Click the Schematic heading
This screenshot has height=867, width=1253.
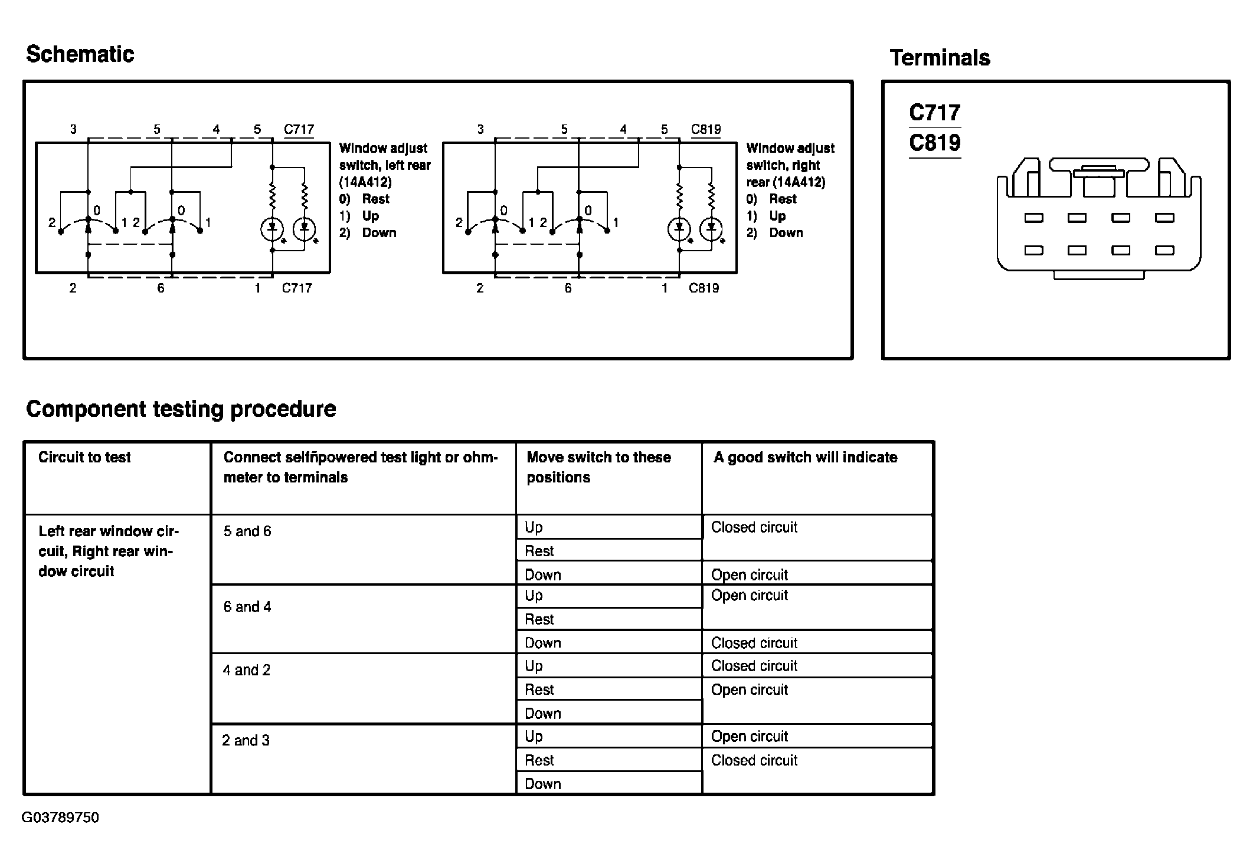[80, 54]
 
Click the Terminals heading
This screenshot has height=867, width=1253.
[940, 58]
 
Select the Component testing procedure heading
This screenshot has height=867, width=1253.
[181, 409]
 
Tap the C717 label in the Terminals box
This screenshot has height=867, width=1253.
[934, 112]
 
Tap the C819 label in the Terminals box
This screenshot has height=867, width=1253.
[934, 143]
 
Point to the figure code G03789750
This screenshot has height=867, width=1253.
[60, 817]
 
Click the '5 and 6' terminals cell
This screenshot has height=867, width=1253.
[247, 531]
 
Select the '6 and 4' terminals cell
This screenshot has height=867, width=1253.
[247, 607]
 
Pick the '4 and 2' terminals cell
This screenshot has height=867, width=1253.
[247, 670]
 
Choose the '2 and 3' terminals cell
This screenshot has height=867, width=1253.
[246, 740]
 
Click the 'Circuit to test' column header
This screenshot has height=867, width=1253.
[84, 457]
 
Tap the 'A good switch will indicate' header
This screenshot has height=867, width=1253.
[805, 457]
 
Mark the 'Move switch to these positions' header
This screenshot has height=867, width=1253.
[598, 467]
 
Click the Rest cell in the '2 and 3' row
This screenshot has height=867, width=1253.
[539, 760]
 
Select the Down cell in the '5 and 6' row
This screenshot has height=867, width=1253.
[542, 574]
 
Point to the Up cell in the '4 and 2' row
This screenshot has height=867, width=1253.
[534, 666]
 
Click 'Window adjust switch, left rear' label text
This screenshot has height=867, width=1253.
[384, 165]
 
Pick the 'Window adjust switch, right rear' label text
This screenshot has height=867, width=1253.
[790, 165]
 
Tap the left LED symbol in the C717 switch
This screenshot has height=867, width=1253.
[272, 228]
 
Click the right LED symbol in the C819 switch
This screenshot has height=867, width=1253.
[711, 228]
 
